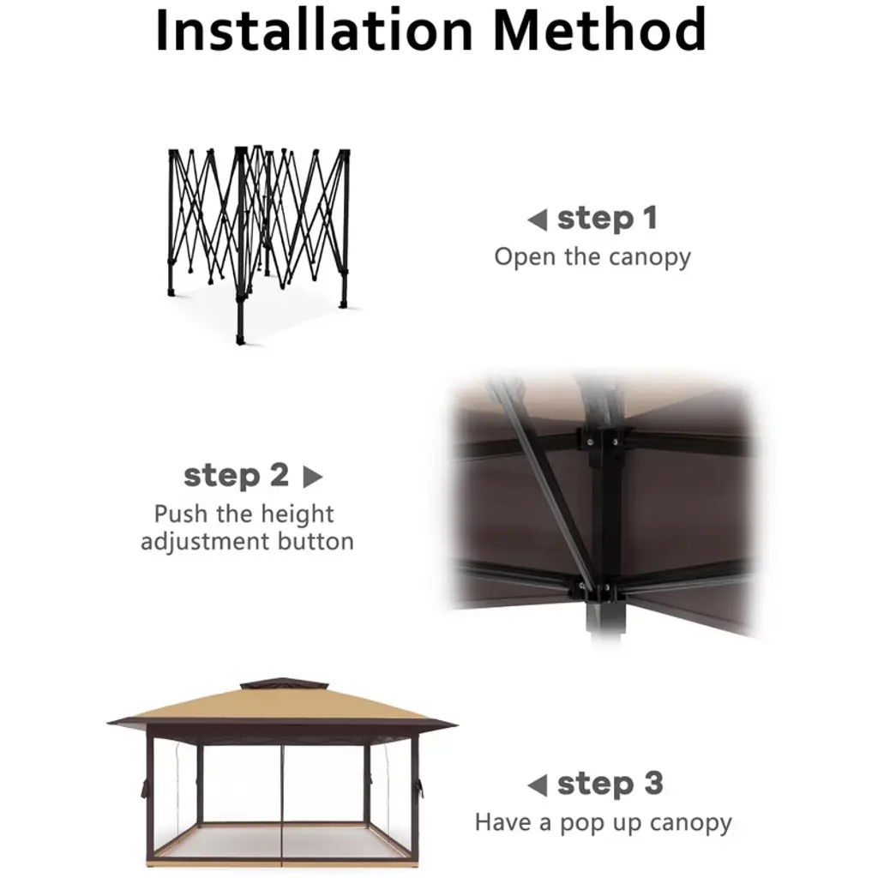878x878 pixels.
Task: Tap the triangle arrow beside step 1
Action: pyautogui.click(x=538, y=219)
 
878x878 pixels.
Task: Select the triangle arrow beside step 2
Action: pyautogui.click(x=312, y=477)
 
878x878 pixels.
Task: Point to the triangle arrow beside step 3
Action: pyautogui.click(x=538, y=785)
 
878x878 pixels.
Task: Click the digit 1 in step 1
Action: pyautogui.click(x=650, y=218)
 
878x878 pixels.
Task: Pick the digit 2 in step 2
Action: pyautogui.click(x=280, y=475)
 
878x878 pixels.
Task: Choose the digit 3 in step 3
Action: pyautogui.click(x=653, y=784)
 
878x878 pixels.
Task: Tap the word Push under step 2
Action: pyautogui.click(x=180, y=514)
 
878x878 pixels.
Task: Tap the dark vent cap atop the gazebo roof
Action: pyautogui.click(x=283, y=684)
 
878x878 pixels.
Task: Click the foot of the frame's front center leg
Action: pyautogui.click(x=241, y=340)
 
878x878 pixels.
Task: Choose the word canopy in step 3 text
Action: pyautogui.click(x=691, y=824)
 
